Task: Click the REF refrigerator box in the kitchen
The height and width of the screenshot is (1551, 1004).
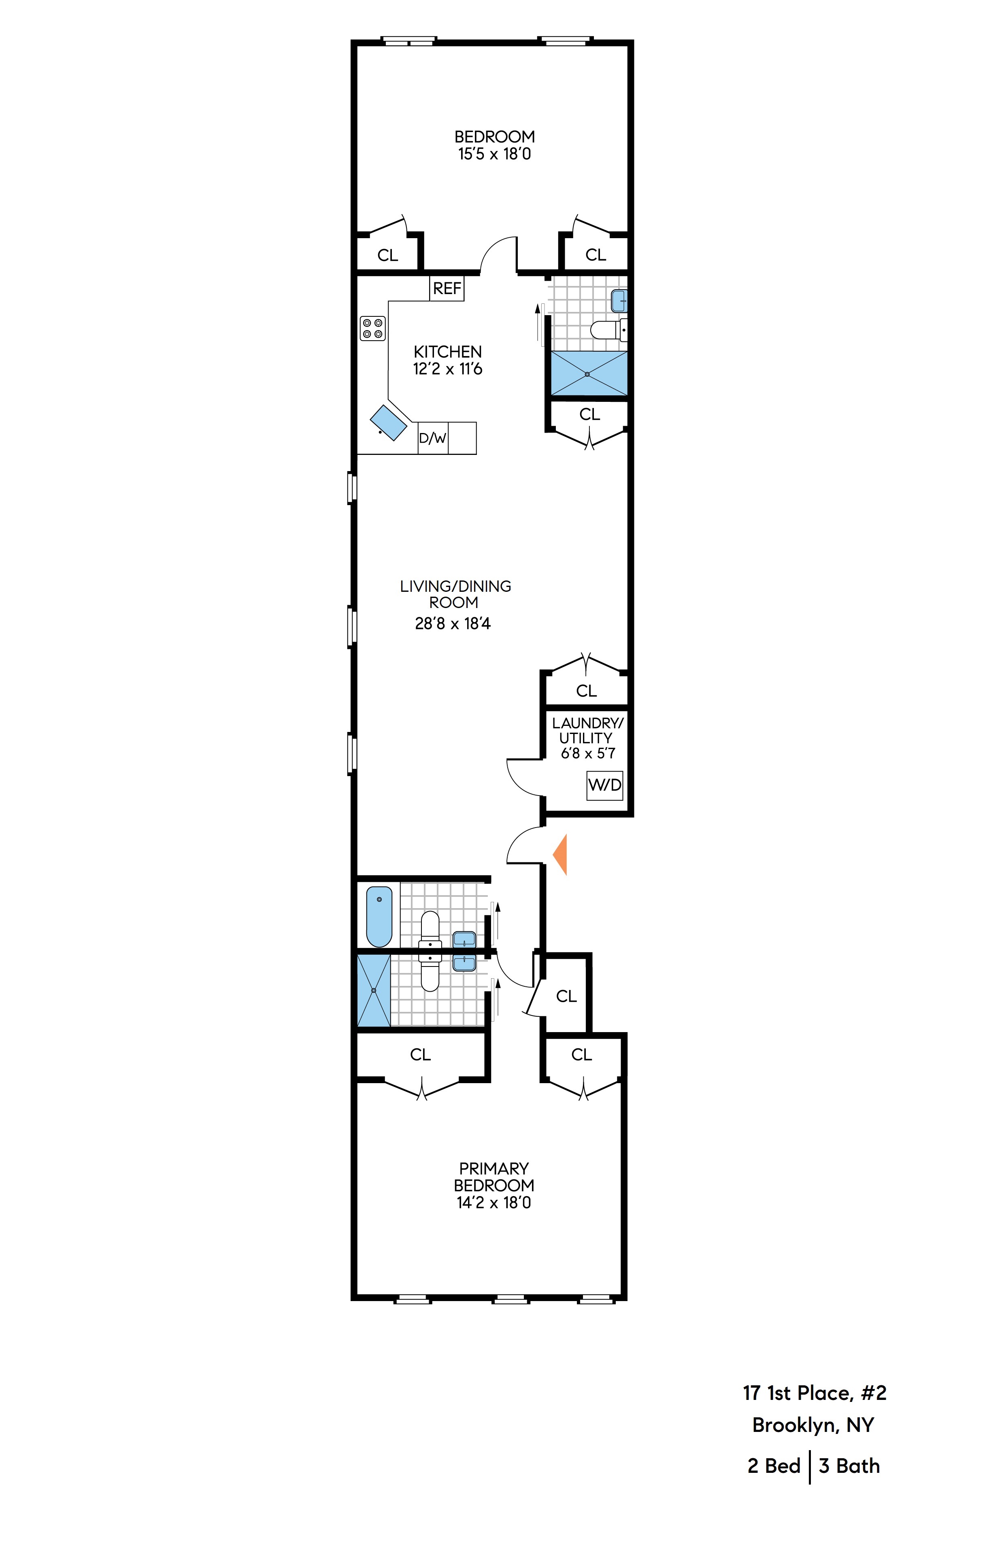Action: click(x=446, y=288)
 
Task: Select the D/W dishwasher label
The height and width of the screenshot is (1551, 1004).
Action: click(x=432, y=438)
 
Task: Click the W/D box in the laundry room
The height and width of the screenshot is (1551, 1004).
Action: click(x=604, y=785)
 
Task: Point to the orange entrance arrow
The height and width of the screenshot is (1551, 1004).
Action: click(x=560, y=854)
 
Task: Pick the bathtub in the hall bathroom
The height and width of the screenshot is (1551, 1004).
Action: click(x=379, y=915)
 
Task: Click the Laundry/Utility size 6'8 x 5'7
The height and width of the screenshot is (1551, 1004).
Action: click(x=588, y=753)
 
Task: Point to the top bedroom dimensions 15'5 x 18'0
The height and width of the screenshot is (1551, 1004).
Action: click(x=494, y=154)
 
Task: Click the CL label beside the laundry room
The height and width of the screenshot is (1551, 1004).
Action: click(x=586, y=691)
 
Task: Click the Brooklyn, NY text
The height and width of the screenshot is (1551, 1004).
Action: click(x=813, y=1425)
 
